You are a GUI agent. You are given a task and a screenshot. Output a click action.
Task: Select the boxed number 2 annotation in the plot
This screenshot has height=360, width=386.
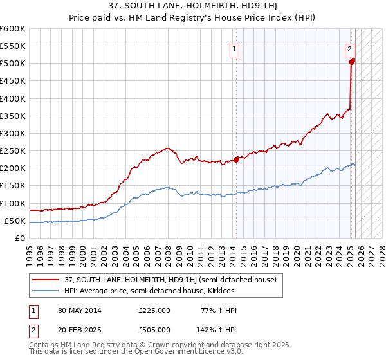pos(349,48)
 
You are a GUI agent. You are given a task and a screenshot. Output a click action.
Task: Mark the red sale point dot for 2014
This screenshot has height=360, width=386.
pos(236,159)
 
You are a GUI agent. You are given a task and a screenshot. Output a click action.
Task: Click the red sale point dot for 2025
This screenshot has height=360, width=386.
pos(351,62)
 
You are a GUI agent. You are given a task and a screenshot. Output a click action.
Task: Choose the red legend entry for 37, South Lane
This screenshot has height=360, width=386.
pos(170,280)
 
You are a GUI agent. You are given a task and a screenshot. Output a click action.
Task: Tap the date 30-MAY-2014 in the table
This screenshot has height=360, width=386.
pos(78,310)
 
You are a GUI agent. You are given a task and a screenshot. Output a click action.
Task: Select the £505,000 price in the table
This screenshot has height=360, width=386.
pos(154,329)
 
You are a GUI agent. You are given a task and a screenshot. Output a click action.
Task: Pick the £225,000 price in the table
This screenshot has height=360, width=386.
pos(154,310)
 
